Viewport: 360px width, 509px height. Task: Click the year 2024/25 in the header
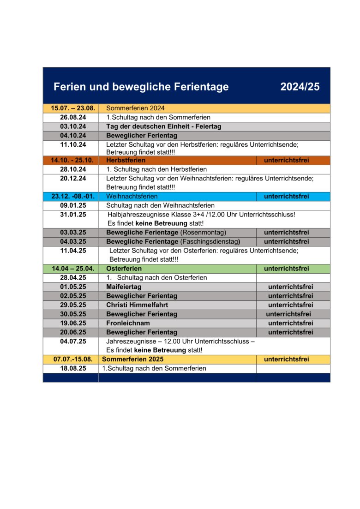(x=300, y=87)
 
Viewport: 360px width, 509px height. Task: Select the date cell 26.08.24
(x=73, y=117)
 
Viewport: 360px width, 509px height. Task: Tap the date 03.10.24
(x=73, y=126)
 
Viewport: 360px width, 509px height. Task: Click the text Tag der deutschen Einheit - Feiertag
(x=163, y=126)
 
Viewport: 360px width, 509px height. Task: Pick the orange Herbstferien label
(x=126, y=160)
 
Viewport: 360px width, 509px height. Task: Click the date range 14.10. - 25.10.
(x=72, y=160)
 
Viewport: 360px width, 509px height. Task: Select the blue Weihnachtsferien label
(x=132, y=196)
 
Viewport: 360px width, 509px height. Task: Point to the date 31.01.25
(x=73, y=214)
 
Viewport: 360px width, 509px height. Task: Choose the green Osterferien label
(x=124, y=268)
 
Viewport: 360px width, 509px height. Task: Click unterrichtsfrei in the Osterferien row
(x=286, y=268)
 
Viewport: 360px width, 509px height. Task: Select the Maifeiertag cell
(x=124, y=287)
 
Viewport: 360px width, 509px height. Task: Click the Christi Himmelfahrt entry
(x=137, y=305)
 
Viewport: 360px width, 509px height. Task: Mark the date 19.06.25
(x=73, y=323)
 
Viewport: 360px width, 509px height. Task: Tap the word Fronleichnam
(x=127, y=323)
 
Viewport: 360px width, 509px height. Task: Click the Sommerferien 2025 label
(x=132, y=359)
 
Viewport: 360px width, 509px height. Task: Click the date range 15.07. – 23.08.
(x=72, y=108)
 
